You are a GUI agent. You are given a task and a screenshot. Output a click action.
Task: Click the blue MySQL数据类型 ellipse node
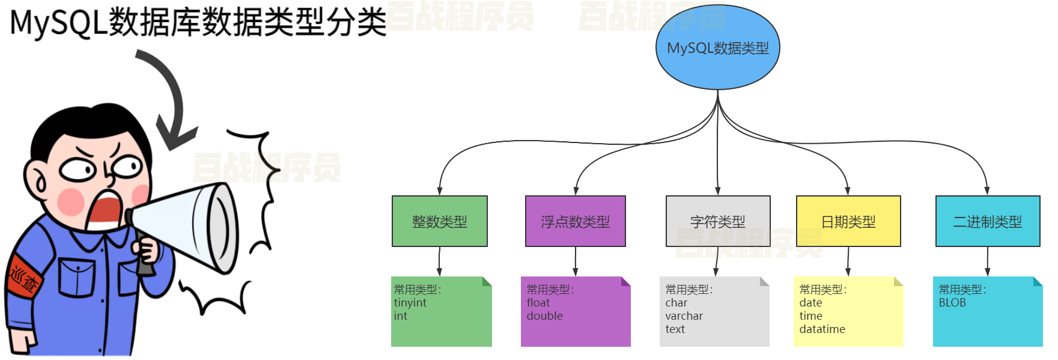pos(717,47)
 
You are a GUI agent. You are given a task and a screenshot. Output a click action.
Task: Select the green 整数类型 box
pos(439,221)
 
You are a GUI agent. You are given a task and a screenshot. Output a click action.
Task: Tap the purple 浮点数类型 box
pos(575,221)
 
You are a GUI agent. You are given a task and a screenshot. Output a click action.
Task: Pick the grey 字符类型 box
pos(717,221)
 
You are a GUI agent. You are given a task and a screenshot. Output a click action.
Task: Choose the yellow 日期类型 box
pos(848,221)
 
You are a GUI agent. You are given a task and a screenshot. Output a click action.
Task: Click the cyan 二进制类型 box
pos(987,221)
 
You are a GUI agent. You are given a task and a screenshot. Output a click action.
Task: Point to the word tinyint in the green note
pos(410,303)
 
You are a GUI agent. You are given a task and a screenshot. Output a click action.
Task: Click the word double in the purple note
pos(544,316)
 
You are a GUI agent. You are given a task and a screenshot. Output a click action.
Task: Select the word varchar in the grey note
pos(684,316)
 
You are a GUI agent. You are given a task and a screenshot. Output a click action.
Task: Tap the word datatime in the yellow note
pos(822,329)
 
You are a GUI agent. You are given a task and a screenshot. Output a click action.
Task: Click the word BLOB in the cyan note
pos(952,303)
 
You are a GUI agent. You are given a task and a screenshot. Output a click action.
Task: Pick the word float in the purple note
pos(538,303)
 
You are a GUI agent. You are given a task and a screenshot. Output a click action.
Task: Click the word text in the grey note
pos(675,329)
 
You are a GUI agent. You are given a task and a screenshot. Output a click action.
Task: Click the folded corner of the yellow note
pos(898,281)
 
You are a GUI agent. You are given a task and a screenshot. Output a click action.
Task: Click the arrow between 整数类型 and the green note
pos(439,261)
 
